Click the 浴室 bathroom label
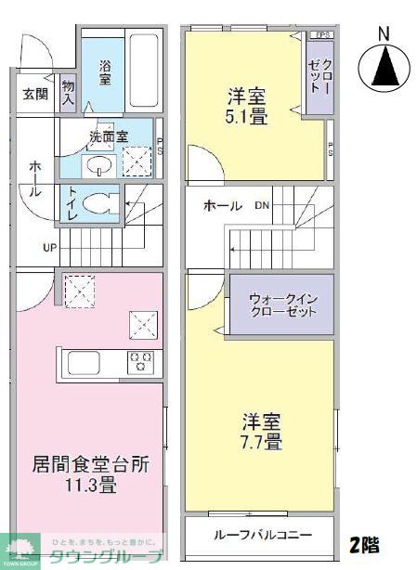click(x=105, y=72)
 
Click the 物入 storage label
click(x=69, y=92)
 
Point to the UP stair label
click(x=47, y=248)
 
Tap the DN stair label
click(x=263, y=205)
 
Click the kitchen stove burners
click(x=140, y=360)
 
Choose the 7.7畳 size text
click(x=260, y=442)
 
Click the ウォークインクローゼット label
click(x=282, y=305)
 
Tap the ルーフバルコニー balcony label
click(x=260, y=535)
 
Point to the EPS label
click(x=321, y=35)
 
